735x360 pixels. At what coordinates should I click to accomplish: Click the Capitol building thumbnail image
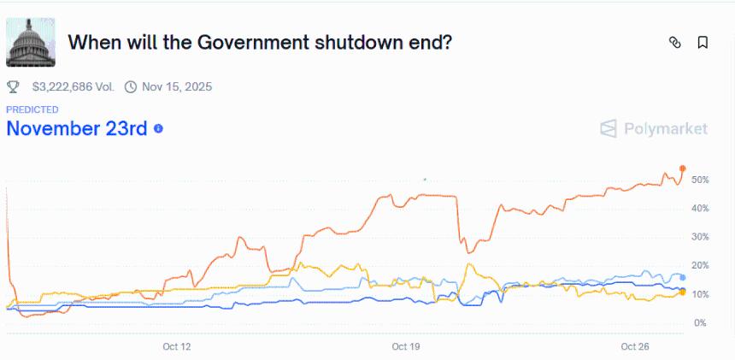click(x=32, y=42)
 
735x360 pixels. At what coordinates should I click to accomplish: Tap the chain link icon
click(x=674, y=42)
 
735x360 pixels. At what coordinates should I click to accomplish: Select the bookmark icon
click(x=703, y=42)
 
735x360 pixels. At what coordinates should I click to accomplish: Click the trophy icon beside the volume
click(x=13, y=86)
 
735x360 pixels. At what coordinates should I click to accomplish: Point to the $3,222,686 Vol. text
click(x=73, y=86)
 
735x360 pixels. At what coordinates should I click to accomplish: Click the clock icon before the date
click(x=131, y=86)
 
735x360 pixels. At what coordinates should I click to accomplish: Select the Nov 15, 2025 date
click(x=177, y=86)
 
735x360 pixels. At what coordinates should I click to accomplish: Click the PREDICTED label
click(x=32, y=109)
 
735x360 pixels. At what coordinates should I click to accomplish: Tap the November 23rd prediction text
click(x=77, y=128)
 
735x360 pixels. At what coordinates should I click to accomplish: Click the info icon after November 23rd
click(x=158, y=129)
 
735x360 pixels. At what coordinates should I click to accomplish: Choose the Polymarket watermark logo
click(x=654, y=128)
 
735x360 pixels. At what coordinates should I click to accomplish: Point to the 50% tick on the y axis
click(x=700, y=180)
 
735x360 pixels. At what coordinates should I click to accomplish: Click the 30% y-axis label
click(x=700, y=237)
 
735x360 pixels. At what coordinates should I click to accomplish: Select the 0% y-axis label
click(x=700, y=322)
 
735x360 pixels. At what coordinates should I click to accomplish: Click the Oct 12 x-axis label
click(x=176, y=346)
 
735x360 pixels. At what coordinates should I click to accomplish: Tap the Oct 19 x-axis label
click(x=406, y=346)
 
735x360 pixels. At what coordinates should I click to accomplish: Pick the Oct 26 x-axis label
click(x=635, y=346)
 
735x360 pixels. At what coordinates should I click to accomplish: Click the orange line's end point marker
click(x=683, y=168)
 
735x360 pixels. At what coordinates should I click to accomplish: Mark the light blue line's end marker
click(x=683, y=278)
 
